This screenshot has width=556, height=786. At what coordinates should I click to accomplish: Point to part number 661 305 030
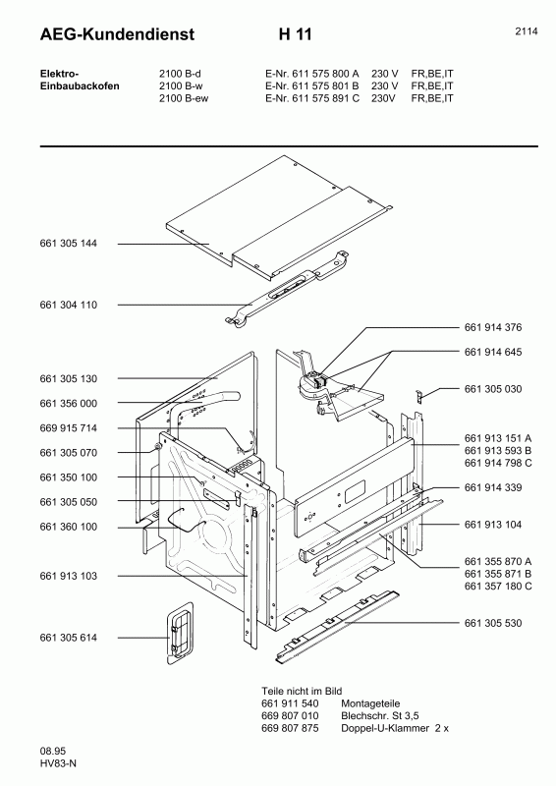(x=493, y=389)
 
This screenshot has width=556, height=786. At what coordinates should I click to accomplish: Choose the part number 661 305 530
(x=493, y=623)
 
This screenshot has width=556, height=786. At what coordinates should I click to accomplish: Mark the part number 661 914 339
(x=493, y=487)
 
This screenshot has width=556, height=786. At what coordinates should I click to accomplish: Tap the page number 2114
(x=526, y=31)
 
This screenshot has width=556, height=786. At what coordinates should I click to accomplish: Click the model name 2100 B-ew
(x=184, y=98)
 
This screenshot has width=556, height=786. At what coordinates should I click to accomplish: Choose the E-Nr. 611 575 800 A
(x=312, y=74)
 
